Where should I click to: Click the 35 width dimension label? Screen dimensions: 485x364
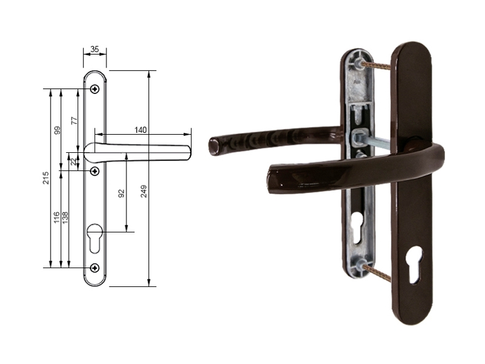(94, 49)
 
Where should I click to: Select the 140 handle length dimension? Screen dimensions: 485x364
(140, 130)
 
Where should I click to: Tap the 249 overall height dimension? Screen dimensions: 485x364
(144, 192)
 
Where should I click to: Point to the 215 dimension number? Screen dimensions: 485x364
(46, 178)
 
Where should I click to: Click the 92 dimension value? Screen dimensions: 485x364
(121, 194)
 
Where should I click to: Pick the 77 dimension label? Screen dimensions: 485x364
(74, 120)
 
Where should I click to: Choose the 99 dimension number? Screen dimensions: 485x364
(57, 130)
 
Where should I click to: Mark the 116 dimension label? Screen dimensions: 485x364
(56, 217)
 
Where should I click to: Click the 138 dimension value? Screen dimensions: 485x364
(65, 217)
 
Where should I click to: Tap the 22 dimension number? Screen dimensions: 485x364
(73, 162)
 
